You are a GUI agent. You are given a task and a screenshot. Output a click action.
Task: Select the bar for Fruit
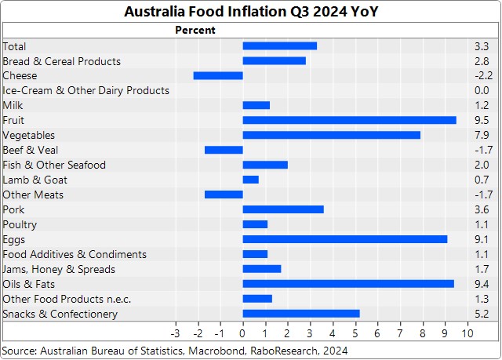tap(349, 120)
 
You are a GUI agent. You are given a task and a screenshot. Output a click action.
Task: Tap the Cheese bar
tap(218, 75)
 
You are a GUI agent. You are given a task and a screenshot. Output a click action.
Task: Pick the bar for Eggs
tap(345, 239)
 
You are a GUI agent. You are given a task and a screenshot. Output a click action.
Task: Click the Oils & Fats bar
tap(348, 284)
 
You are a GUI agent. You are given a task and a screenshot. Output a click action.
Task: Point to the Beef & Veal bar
tap(224, 150)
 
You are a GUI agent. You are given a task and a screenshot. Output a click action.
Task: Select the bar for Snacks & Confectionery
tap(301, 314)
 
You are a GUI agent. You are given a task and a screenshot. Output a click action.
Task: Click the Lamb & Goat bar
tap(250, 180)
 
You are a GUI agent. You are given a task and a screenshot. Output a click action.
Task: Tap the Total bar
tap(279, 45)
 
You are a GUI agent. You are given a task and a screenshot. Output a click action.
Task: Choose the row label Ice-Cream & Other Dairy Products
tap(86, 90)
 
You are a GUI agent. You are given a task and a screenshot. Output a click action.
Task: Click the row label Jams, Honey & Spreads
tap(59, 269)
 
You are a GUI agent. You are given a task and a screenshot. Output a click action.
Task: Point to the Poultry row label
tap(20, 224)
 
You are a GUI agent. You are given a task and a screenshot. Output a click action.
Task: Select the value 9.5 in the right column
tap(482, 120)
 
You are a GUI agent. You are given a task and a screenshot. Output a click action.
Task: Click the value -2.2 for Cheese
tap(481, 75)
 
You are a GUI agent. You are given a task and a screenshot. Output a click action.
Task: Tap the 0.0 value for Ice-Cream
tap(482, 90)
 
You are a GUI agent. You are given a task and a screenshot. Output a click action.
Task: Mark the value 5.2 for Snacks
tap(482, 314)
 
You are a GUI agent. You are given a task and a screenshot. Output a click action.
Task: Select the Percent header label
tap(194, 30)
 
